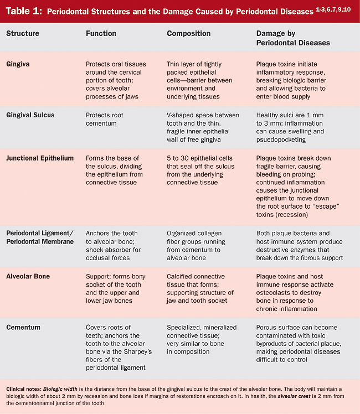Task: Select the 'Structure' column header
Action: [23, 33]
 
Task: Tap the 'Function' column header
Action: [101, 33]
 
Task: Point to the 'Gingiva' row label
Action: [19, 64]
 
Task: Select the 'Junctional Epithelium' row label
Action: [40, 158]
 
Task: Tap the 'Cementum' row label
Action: [23, 327]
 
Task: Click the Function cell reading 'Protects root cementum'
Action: [105, 120]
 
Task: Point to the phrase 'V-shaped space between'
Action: [203, 115]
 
